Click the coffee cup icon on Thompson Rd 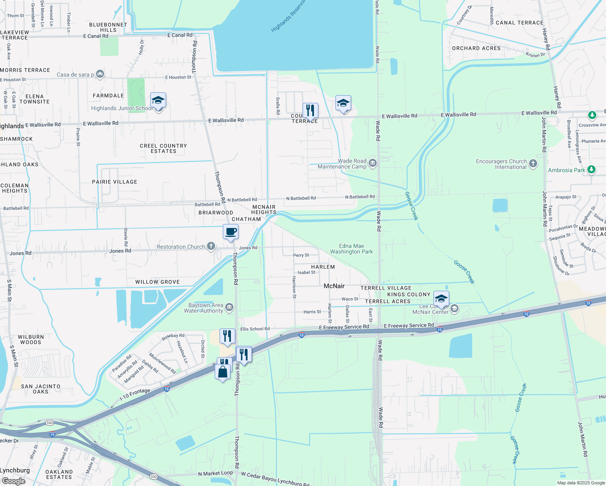(230, 232)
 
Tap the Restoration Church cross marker (211, 246)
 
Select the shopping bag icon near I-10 (223, 371)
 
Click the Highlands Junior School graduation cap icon (158, 100)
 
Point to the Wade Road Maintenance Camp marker (373, 164)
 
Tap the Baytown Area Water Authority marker (229, 308)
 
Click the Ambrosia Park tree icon (591, 170)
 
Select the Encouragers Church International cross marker (533, 164)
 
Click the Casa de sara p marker (100, 74)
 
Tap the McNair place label (334, 286)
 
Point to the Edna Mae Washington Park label (351, 249)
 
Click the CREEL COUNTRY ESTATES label (163, 148)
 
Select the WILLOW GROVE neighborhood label (157, 282)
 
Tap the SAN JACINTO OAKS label (41, 389)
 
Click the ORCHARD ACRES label (476, 48)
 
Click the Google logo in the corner (13, 481)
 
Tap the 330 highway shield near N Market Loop (154, 476)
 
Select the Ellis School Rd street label (255, 329)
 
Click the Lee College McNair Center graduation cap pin (441, 299)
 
